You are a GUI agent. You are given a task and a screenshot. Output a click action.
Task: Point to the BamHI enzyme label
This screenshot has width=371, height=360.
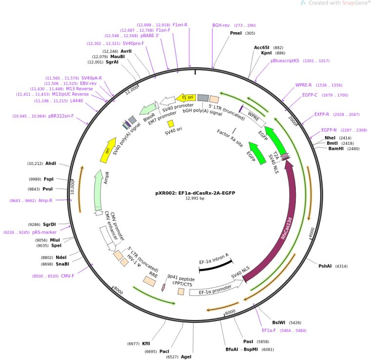click(x=336, y=149)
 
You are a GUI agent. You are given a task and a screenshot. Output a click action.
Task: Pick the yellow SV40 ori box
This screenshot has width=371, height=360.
click(x=170, y=124)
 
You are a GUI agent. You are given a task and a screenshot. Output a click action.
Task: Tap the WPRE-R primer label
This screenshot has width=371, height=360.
click(x=304, y=85)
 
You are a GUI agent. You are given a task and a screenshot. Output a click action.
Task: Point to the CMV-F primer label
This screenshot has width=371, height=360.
click(x=67, y=276)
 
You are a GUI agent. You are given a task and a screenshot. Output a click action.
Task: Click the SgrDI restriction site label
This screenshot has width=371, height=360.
click(x=50, y=225)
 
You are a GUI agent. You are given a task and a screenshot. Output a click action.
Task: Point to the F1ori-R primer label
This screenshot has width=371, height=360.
click(x=180, y=24)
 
